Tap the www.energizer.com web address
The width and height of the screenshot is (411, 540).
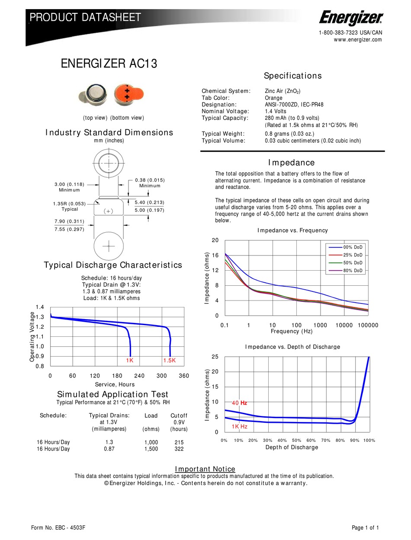tap(358, 40)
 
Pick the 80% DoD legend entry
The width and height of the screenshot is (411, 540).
tap(353, 271)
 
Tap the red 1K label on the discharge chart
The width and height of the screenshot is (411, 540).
tap(129, 361)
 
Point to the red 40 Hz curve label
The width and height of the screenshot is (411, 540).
tap(239, 403)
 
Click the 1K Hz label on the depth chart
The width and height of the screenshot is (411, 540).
tap(239, 426)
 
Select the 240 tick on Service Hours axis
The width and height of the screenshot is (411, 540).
tap(139, 376)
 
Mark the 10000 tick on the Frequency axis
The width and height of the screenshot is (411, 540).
tap(344, 325)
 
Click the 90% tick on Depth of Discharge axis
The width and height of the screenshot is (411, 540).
tap(355, 440)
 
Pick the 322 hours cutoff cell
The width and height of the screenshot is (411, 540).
tap(178, 449)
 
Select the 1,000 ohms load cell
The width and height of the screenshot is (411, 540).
tap(151, 442)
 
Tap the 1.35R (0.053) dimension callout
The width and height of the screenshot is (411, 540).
tap(70, 203)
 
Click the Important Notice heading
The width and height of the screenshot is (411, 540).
tap(205, 469)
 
